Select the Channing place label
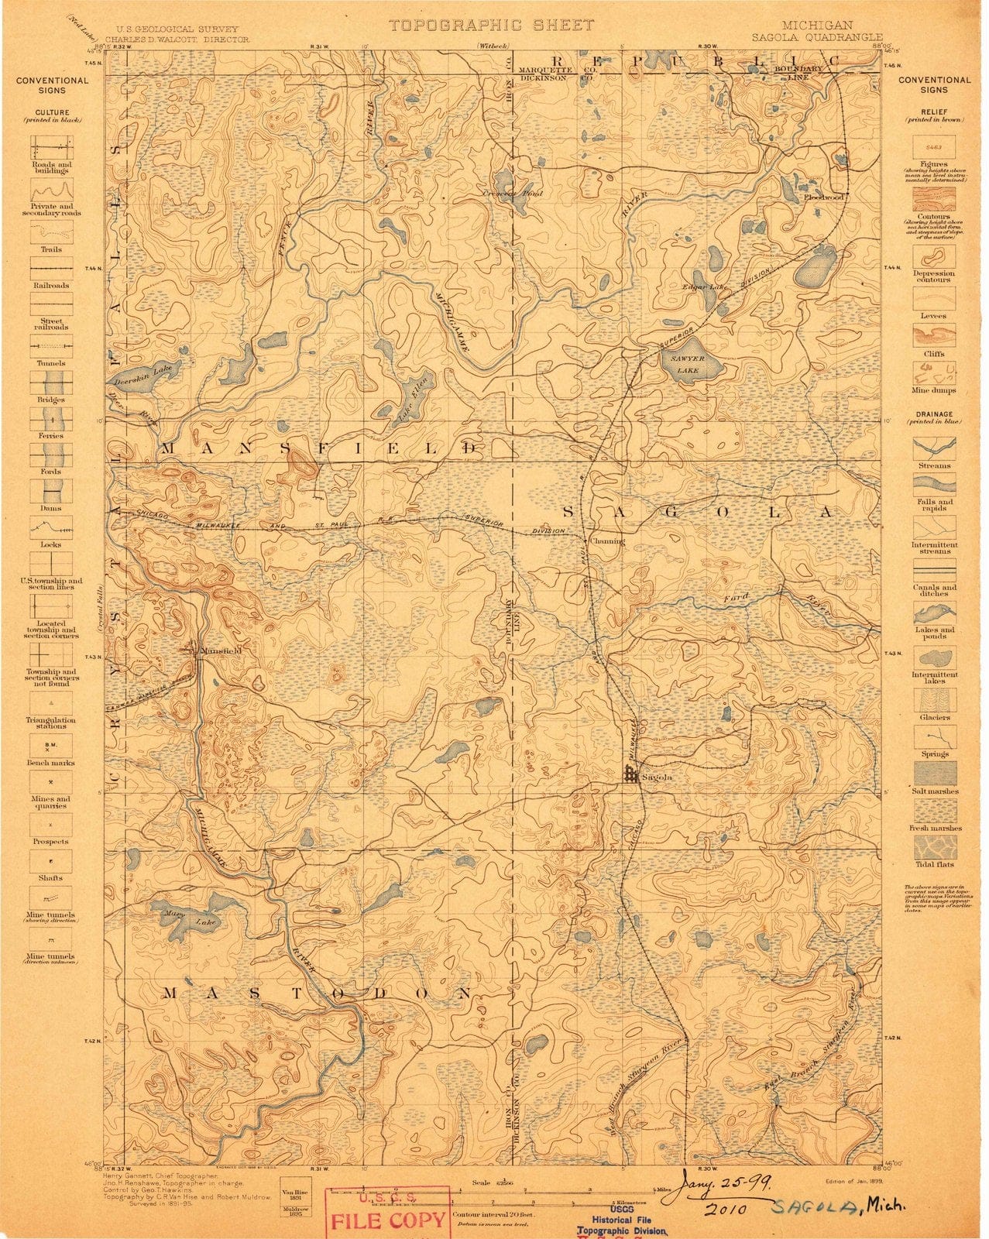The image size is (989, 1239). (x=607, y=541)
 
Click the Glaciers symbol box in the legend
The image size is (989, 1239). (x=933, y=700)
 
